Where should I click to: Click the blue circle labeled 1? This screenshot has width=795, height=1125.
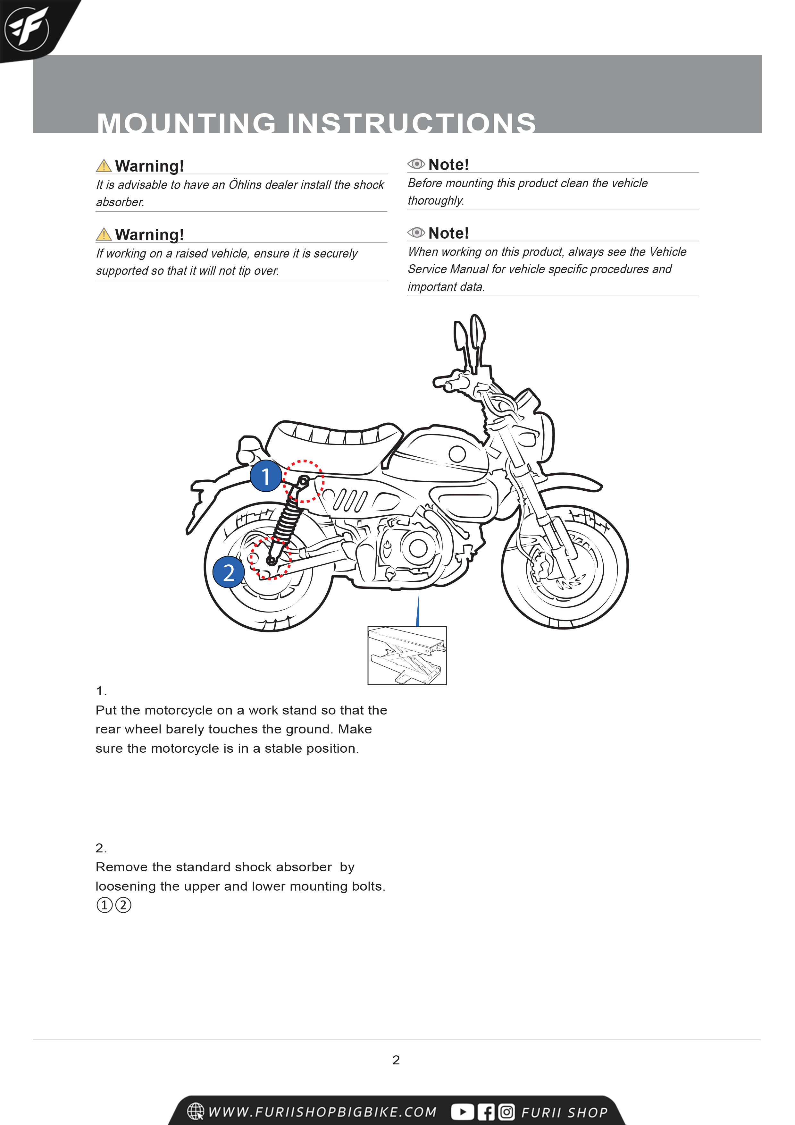(x=265, y=476)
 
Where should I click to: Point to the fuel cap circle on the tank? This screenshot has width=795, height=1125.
(x=457, y=454)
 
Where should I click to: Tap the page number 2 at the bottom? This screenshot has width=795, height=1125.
(x=396, y=1060)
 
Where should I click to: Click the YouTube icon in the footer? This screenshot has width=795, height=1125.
(x=462, y=1112)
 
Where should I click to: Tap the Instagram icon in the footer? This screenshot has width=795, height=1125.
(x=506, y=1112)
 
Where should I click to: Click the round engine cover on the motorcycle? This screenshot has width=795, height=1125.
(x=418, y=548)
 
